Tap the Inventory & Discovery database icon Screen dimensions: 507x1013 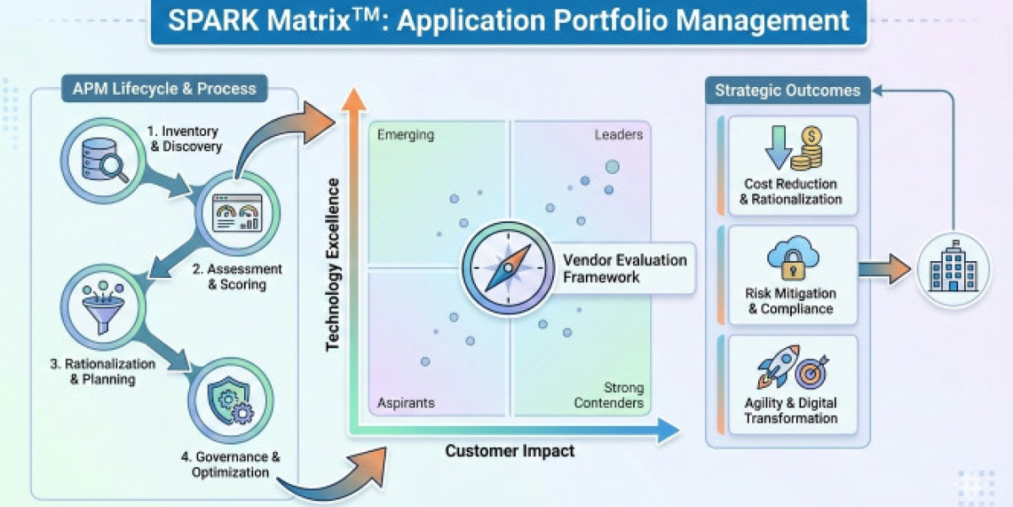[x=100, y=161]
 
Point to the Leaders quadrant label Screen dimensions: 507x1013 [x=618, y=134]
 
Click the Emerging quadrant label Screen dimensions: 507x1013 [x=405, y=134]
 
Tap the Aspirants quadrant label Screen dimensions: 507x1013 [x=406, y=402]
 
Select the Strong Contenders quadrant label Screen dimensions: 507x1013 [x=609, y=395]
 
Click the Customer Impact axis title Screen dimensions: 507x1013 [x=510, y=451]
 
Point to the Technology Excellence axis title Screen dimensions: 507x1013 [x=333, y=264]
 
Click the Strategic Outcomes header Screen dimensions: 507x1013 [x=788, y=90]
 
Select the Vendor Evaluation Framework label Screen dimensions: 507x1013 [x=625, y=268]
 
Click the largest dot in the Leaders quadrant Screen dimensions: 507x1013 [x=612, y=167]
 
